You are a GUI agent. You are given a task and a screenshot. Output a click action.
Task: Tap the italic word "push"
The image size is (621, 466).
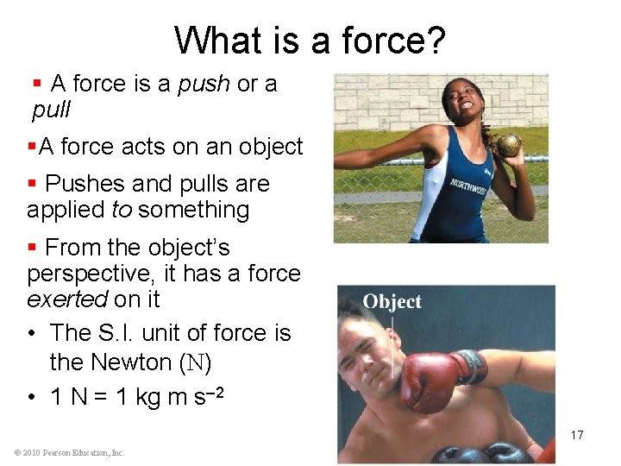click(x=204, y=84)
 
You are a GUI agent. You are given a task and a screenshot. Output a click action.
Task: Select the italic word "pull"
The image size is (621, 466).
click(x=51, y=110)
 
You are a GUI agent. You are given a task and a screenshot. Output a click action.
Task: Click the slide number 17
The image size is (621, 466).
click(x=577, y=435)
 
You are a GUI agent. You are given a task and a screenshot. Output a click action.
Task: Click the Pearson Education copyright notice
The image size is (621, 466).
click(x=69, y=452)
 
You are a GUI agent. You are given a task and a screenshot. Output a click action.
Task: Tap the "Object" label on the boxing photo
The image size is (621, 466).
click(x=392, y=302)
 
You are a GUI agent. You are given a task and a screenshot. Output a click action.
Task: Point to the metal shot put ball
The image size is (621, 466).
click(x=508, y=143)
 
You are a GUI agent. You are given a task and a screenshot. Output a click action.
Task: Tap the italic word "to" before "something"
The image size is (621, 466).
click(x=122, y=210)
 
